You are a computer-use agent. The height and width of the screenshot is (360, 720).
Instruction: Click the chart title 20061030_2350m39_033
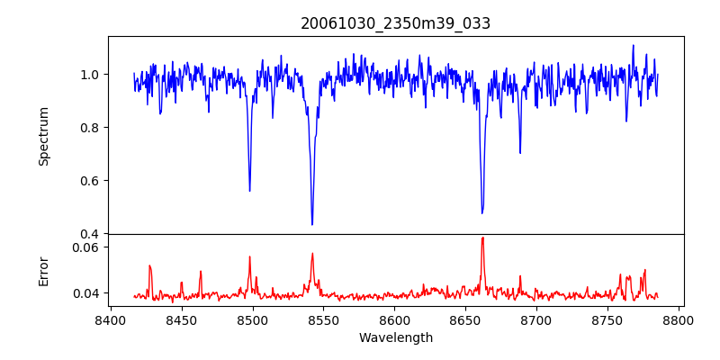[396, 23]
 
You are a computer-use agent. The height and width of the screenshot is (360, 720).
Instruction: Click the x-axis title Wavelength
[396, 337]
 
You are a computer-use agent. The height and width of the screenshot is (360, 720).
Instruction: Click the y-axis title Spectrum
[43, 135]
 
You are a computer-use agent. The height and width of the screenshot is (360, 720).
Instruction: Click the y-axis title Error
[43, 270]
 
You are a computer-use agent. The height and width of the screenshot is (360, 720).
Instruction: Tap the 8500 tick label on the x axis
[252, 319]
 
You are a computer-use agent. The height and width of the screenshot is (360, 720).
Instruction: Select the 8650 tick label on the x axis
[465, 319]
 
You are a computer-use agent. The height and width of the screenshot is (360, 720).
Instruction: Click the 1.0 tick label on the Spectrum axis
[92, 74]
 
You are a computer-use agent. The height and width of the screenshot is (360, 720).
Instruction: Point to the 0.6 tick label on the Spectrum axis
[92, 180]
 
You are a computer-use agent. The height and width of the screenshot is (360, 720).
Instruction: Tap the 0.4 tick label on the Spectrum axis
[92, 234]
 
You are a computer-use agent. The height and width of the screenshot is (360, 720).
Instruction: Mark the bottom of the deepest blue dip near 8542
[312, 224]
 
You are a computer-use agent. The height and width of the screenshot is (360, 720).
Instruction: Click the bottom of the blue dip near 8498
[249, 191]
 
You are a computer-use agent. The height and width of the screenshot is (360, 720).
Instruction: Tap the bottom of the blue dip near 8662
[482, 213]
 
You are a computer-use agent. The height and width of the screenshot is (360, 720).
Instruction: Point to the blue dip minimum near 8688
[520, 153]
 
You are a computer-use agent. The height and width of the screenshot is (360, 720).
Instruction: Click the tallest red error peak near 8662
[482, 238]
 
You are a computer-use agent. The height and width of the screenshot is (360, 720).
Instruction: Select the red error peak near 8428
[149, 265]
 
